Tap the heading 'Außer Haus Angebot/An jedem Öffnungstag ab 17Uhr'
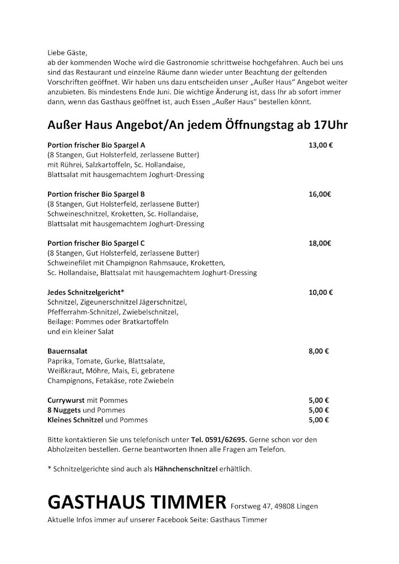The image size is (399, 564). [x=197, y=125]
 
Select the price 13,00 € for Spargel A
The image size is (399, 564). [x=320, y=145]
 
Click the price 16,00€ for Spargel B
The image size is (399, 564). [x=320, y=194]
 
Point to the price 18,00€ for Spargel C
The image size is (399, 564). [x=320, y=243]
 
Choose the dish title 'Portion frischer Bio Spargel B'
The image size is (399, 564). [x=96, y=194]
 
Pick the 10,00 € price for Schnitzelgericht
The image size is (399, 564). [x=320, y=292]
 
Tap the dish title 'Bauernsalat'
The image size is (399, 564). [x=68, y=351]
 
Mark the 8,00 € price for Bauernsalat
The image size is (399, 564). [x=319, y=351]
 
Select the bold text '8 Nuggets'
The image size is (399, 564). [x=64, y=410]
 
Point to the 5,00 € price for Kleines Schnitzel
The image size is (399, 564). [x=319, y=420]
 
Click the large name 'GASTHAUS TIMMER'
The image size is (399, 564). [x=137, y=502]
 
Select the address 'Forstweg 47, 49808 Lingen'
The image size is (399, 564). [x=274, y=506]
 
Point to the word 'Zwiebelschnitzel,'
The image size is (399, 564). [x=158, y=312]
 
